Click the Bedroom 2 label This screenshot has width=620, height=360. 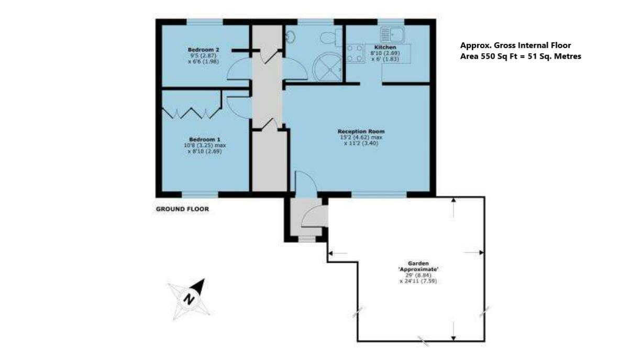(x=203, y=50)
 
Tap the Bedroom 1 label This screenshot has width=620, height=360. (x=204, y=140)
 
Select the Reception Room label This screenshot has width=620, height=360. (x=361, y=131)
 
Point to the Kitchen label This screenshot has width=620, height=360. (x=385, y=47)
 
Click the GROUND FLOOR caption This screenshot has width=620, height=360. (x=182, y=209)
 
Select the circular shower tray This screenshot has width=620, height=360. (x=327, y=67)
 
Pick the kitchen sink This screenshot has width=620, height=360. (x=392, y=35)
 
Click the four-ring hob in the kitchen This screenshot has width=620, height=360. (x=355, y=53)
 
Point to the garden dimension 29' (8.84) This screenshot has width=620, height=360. (x=418, y=275)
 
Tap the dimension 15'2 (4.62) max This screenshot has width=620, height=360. (x=361, y=138)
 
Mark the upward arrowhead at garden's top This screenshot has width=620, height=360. (x=453, y=200)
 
